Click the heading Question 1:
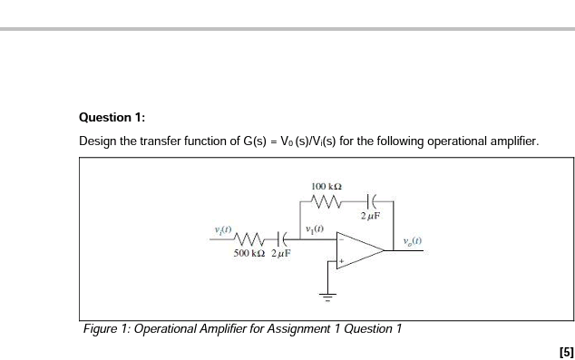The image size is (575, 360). [112, 118]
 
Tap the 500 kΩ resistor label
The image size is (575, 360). [249, 256]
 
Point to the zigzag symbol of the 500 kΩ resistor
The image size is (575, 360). [249, 238]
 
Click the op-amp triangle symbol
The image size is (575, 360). [357, 250]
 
